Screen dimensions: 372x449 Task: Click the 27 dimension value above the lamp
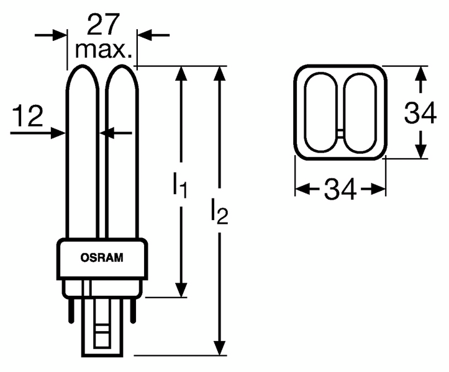[102, 25]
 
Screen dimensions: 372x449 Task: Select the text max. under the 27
[103, 50]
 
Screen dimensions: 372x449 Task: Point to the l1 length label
[179, 185]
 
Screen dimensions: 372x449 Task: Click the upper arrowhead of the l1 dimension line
[181, 74]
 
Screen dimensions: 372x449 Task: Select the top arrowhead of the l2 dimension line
[219, 74]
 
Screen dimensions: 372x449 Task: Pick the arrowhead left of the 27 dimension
[60, 35]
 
